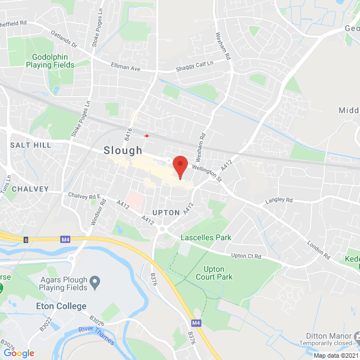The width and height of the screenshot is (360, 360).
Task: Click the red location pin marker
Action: tap(180, 166)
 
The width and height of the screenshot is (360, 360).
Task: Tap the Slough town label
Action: tap(123, 151)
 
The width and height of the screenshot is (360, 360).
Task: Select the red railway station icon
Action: tap(147, 135)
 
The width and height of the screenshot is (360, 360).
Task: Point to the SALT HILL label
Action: tap(30, 145)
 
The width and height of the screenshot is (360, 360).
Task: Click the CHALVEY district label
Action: tap(30, 189)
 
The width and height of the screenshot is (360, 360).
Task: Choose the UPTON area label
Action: tap(166, 213)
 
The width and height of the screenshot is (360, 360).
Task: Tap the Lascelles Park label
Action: tap(206, 238)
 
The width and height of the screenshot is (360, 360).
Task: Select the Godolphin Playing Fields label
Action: tap(50, 61)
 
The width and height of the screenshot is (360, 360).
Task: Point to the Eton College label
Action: tap(61, 306)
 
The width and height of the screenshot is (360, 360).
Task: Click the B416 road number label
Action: tap(128, 133)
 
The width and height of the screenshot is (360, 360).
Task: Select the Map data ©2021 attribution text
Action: tap(336, 355)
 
